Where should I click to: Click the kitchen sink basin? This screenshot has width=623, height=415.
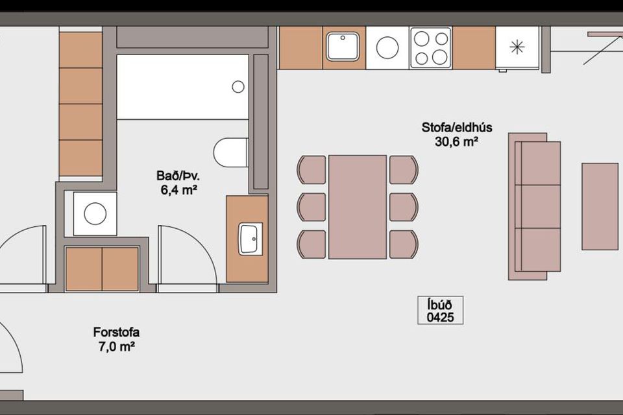[343, 47]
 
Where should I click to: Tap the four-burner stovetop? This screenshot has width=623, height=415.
[431, 47]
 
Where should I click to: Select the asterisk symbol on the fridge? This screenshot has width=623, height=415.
[517, 47]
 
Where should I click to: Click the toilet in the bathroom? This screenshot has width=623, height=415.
[231, 153]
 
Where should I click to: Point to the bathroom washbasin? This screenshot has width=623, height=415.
[250, 239]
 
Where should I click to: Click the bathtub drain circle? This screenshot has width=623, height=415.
[238, 87]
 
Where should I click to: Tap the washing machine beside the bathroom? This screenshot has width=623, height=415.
[95, 213]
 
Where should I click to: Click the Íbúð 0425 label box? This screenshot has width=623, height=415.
[440, 311]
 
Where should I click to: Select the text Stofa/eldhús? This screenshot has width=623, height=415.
[457, 128]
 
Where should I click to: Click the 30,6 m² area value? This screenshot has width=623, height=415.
[456, 141]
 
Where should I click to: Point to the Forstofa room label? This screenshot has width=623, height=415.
[116, 332]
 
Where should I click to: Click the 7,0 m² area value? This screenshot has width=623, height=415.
[116, 347]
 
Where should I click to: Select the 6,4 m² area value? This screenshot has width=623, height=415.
[179, 190]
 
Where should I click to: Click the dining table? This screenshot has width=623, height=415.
[358, 207]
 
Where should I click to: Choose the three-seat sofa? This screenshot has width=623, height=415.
[535, 206]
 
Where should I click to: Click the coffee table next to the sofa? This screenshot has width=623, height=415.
[600, 206]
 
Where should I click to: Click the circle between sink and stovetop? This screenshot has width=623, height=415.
[387, 47]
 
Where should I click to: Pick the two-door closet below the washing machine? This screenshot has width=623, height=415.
[102, 269]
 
